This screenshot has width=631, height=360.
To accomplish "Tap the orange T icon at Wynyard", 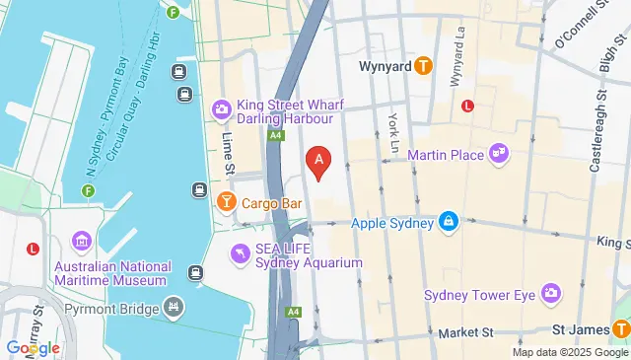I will point(423,67).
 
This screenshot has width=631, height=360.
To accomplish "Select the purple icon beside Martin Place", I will point(499,153).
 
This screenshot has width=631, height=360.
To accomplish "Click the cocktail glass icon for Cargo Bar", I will point(226,203).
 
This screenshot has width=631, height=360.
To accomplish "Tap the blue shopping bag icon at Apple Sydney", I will point(449,222).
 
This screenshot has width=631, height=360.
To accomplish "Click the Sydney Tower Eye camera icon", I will point(550,294).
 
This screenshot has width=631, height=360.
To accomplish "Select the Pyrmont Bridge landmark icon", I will point(175,308).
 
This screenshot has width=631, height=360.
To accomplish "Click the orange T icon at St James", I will point(620,330).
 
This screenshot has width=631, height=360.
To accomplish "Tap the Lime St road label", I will point(228,154).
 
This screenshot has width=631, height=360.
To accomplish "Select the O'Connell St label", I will point(581,25).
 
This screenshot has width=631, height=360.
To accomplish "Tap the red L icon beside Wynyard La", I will point(468,105).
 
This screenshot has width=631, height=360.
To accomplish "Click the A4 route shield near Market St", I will point(293,313).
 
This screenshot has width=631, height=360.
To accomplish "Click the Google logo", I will point(33,347).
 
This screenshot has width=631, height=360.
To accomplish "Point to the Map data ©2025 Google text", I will point(570,352).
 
